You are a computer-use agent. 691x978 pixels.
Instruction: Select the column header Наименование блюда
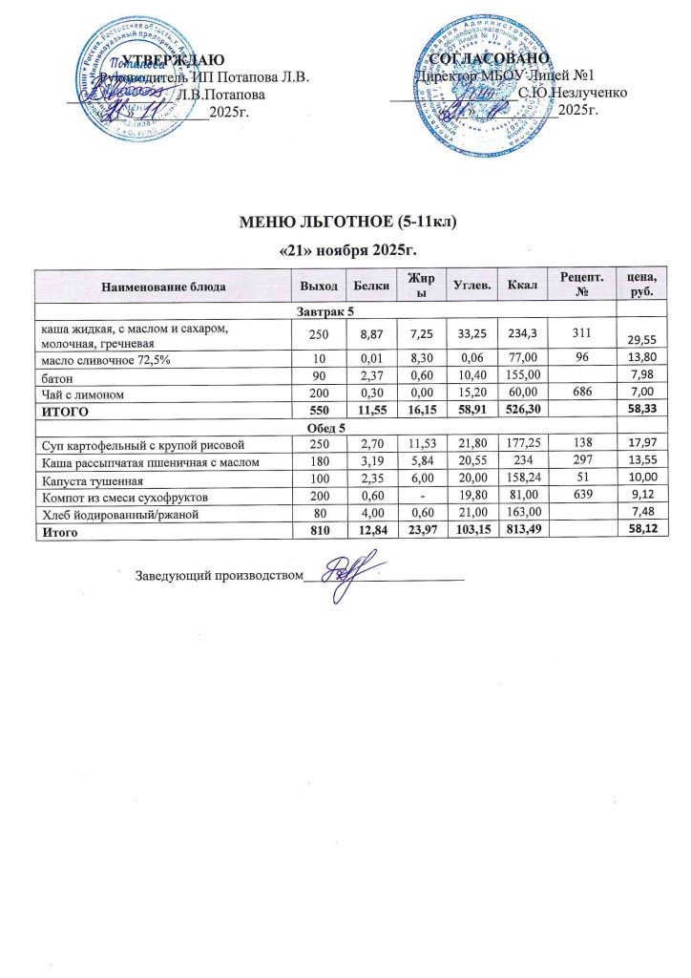[161, 285]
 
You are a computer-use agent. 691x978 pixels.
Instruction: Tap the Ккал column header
[522, 285]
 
